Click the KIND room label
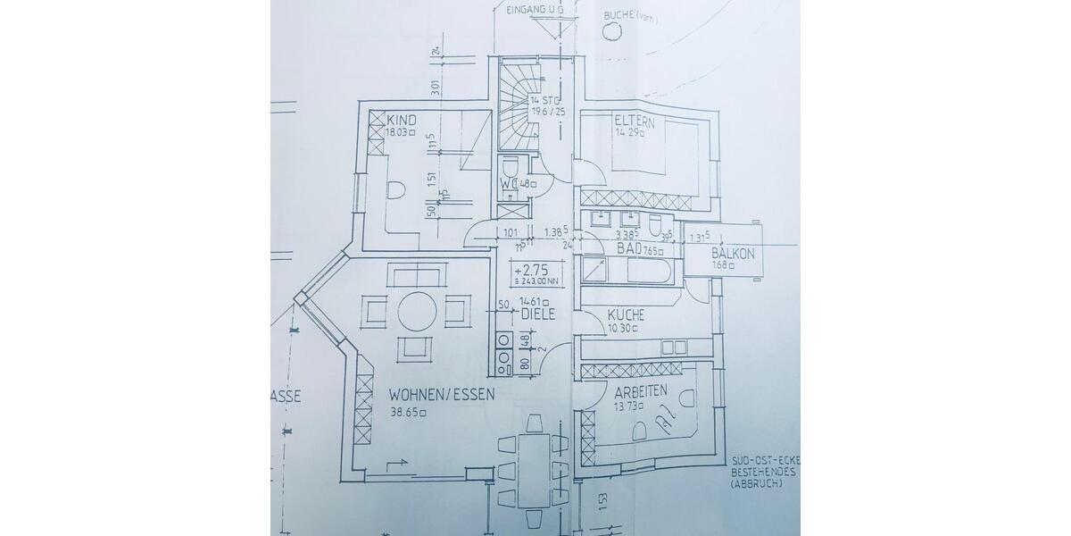click(403, 120)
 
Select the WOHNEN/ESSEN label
click(441, 393)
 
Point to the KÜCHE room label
click(627, 315)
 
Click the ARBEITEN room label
click(640, 390)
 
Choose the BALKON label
click(733, 254)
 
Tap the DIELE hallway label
click(538, 314)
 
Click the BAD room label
click(629, 249)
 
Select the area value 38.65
click(406, 412)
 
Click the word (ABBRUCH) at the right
click(755, 483)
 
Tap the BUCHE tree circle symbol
click(611, 31)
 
